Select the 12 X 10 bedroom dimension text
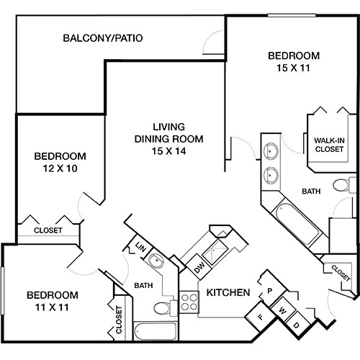pyautogui.click(x=60, y=169)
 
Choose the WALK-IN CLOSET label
pyautogui.click(x=330, y=144)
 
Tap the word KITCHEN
pyautogui.click(x=228, y=293)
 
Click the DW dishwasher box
pyautogui.click(x=200, y=269)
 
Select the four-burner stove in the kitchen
pyautogui.click(x=189, y=300)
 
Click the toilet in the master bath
pyautogui.click(x=341, y=186)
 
